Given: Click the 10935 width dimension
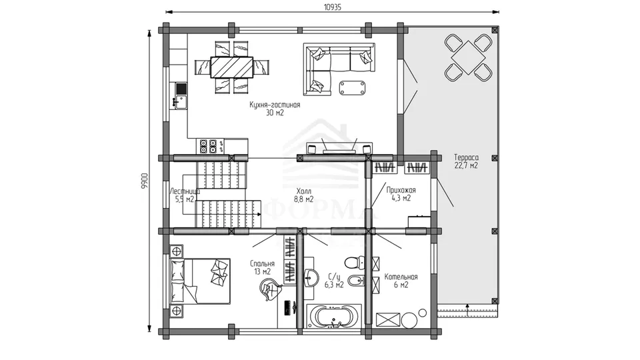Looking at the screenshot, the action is [x=332, y=7].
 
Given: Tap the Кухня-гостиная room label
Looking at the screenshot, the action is [x=275, y=105].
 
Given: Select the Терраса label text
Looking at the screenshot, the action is [x=466, y=157].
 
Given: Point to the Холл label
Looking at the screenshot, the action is [x=303, y=191].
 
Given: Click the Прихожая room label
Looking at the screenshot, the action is [x=401, y=190].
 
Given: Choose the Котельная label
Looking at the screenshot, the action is [x=401, y=277].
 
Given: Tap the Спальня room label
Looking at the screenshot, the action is [x=262, y=264].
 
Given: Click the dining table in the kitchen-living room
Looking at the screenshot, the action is [x=231, y=67].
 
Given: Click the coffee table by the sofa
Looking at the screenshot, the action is [x=352, y=87].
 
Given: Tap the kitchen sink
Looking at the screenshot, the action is [x=181, y=101].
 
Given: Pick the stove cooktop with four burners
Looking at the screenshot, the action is [x=208, y=146].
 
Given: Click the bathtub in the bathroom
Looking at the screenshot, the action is [x=334, y=317].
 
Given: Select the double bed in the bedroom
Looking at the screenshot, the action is [x=199, y=281].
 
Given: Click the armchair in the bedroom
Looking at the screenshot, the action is [x=271, y=289].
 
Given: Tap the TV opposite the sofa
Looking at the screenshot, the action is [x=339, y=152].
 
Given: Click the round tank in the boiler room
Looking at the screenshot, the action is [x=409, y=321].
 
